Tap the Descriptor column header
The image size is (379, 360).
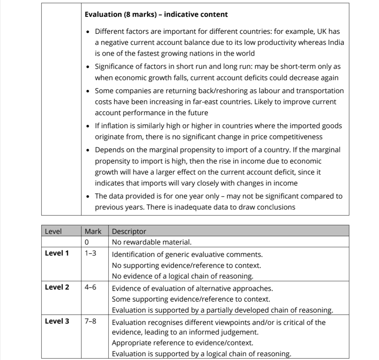tap(129, 231)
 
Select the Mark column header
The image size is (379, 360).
tap(93, 231)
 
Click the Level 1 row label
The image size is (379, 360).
tap(57, 253)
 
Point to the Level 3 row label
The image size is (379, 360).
tap(57, 321)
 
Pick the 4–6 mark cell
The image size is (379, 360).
tap(90, 287)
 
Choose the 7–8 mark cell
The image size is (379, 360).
tap(90, 321)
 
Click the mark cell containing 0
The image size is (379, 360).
tap(87, 242)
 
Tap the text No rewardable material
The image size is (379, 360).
tap(152, 242)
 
